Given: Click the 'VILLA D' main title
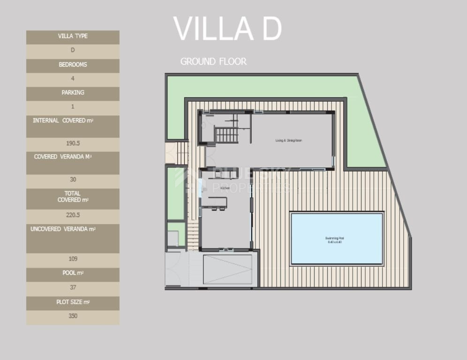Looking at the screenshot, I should click(227, 29).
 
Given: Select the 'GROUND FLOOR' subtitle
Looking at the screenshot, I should click(213, 61).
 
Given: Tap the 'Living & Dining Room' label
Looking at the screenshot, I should click(288, 140).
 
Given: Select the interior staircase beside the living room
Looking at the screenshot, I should click(227, 135).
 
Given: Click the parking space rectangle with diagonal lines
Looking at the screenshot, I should click(227, 270).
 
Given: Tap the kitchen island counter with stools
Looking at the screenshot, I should click(214, 202).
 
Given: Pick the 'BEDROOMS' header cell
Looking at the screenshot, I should click(73, 65).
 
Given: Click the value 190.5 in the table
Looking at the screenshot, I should click(73, 143).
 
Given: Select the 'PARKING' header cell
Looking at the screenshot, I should click(73, 93).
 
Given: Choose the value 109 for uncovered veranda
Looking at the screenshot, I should click(73, 259).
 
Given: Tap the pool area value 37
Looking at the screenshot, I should click(73, 287).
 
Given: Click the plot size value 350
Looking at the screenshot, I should click(73, 316).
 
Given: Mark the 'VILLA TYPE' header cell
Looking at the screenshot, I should click(73, 36).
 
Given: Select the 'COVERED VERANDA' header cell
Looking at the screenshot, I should click(73, 157).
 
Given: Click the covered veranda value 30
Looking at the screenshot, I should click(73, 180).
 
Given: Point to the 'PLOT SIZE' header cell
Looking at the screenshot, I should click(73, 302).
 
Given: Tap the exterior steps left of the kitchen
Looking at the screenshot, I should click(193, 236).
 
